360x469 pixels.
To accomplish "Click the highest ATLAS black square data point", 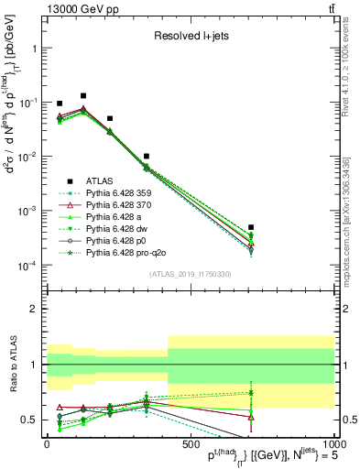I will point(83,95).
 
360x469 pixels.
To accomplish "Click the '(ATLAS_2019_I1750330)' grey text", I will point(190,273).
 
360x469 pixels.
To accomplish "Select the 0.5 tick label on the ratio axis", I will point(32,420).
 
